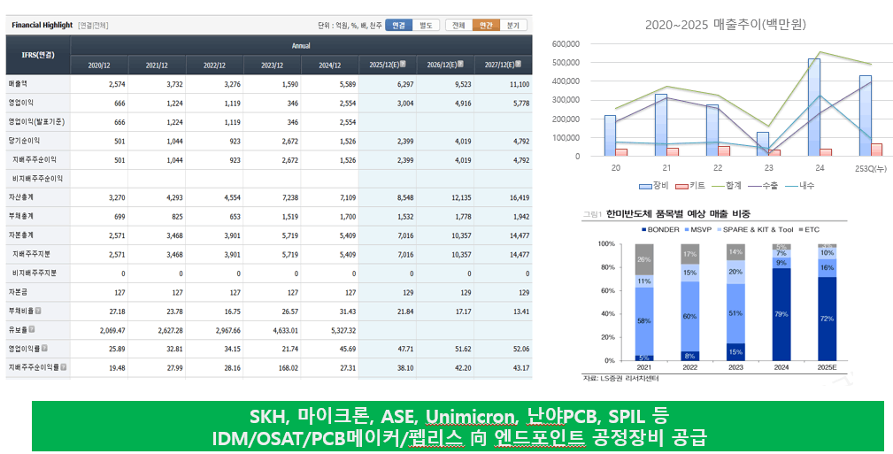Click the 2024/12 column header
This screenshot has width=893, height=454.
(329, 65)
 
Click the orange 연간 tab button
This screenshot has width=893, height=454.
(486, 26)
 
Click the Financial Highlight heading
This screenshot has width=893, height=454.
(42, 26)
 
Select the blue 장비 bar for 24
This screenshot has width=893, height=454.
(813, 106)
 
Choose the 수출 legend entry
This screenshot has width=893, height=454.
(758, 186)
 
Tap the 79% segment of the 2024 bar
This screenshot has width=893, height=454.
(781, 313)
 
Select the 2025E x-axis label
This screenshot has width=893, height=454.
(827, 368)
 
